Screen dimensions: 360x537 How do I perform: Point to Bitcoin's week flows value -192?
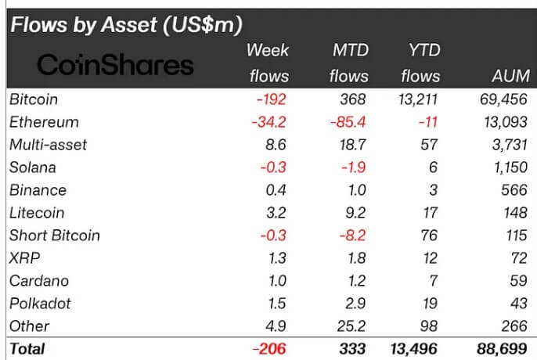pyautogui.click(x=271, y=99)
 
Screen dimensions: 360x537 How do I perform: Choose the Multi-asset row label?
pyautogui.click(x=48, y=145)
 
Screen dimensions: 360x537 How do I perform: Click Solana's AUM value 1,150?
pyautogui.click(x=508, y=167)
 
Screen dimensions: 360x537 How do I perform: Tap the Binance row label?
pyautogui.click(x=38, y=190)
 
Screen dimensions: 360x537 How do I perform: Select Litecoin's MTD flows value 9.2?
pyautogui.click(x=355, y=213)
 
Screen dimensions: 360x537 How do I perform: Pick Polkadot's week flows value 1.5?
pyautogui.click(x=277, y=304)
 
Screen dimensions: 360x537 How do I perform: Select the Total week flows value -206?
pyautogui.click(x=270, y=349)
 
